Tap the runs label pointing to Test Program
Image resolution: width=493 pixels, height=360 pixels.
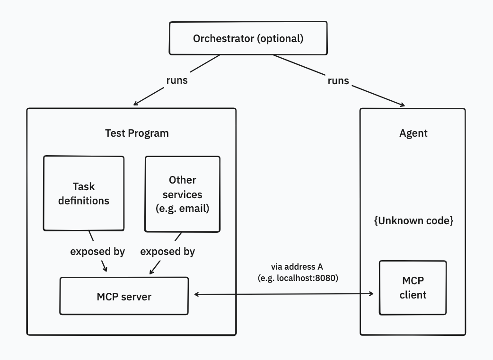(x=176, y=80)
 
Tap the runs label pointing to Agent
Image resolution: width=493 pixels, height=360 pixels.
(x=338, y=81)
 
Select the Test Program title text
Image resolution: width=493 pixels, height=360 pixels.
(x=136, y=133)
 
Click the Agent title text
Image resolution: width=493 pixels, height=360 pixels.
(x=413, y=133)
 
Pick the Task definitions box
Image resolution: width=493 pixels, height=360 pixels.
(x=84, y=193)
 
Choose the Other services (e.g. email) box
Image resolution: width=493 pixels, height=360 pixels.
(x=182, y=194)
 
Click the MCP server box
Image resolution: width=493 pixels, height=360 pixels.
(x=124, y=297)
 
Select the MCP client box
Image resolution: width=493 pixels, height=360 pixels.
(x=413, y=288)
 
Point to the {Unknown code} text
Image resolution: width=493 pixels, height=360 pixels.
(x=414, y=221)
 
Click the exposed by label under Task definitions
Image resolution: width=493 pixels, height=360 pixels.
(x=97, y=251)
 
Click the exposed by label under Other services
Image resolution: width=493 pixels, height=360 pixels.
(x=167, y=251)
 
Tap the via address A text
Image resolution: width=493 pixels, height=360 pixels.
(x=297, y=267)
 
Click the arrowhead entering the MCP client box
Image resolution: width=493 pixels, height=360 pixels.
(x=371, y=294)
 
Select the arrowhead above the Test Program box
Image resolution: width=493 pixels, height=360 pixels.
(x=136, y=103)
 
